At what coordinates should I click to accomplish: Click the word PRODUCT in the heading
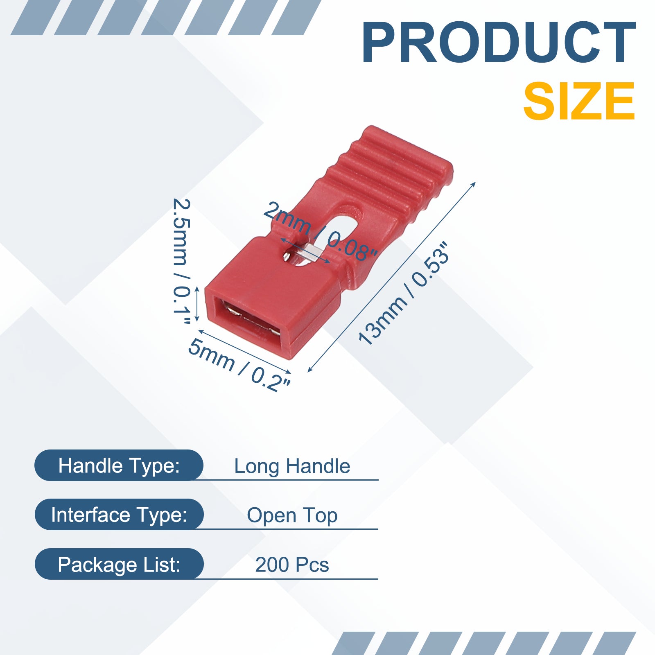tap(499, 43)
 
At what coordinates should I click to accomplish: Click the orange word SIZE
tap(579, 101)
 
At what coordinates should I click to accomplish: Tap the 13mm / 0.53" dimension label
tap(404, 294)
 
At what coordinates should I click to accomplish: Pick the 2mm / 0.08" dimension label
tap(320, 231)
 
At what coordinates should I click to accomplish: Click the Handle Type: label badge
tap(119, 465)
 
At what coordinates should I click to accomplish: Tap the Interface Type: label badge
tap(119, 515)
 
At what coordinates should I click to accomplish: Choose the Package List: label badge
tap(119, 564)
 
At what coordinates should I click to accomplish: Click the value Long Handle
tap(292, 466)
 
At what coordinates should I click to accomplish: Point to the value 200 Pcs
tap(292, 565)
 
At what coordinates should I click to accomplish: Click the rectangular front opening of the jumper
tap(251, 319)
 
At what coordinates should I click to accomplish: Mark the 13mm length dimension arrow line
tap(391, 277)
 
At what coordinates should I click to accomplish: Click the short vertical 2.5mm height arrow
tap(197, 304)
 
